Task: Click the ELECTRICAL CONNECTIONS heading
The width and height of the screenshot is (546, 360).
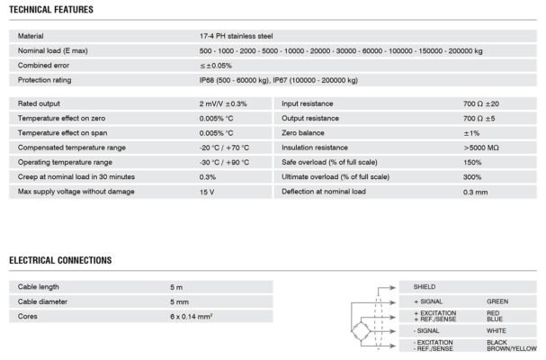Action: (x=60, y=260)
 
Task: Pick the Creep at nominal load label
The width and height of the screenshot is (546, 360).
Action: (x=76, y=176)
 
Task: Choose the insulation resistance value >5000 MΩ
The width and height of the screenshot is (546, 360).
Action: (x=481, y=148)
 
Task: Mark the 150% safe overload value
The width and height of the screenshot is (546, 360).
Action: (x=471, y=162)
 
